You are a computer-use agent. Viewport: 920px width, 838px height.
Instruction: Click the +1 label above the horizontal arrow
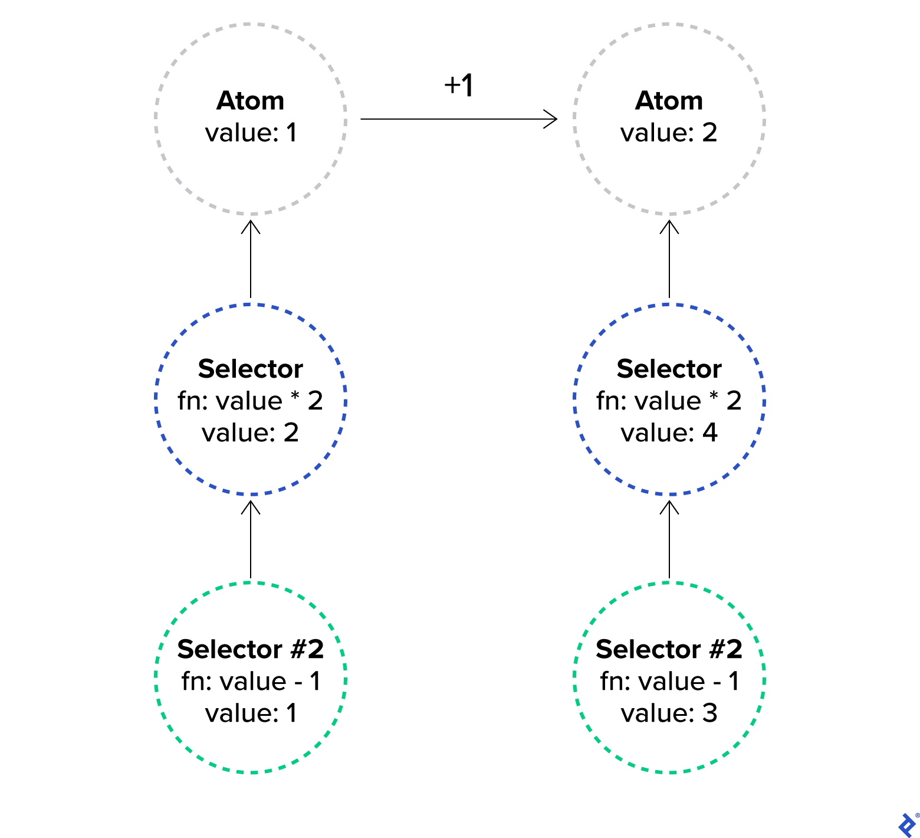459,86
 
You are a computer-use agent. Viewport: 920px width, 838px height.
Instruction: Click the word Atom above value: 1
250,101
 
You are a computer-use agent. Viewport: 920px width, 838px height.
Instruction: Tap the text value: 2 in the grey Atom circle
669,133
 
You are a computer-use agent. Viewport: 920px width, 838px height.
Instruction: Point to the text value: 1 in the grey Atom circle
251,133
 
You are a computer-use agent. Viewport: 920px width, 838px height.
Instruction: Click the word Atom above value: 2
669,101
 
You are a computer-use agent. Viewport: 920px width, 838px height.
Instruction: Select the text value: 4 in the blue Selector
669,433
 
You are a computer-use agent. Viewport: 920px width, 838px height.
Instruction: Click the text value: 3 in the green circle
669,713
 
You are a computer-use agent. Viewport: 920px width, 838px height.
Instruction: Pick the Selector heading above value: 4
669,369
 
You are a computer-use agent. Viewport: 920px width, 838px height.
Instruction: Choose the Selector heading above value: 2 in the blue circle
250,369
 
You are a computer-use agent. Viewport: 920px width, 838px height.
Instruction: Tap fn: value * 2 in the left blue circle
250,401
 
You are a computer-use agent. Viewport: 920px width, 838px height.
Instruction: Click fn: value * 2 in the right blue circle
669,401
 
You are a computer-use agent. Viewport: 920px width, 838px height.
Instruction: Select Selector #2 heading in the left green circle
250,649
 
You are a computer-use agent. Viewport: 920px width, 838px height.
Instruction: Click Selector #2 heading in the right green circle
669,649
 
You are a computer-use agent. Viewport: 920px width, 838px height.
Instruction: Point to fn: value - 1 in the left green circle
250,682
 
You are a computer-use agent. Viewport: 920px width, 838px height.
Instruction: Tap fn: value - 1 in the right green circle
669,682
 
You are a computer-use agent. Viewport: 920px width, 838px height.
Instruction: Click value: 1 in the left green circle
251,713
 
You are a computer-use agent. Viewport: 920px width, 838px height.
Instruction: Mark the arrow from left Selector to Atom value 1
251,260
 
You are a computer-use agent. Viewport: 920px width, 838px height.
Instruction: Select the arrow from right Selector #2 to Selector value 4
669,540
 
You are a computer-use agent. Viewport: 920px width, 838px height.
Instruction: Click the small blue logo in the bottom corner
906,824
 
